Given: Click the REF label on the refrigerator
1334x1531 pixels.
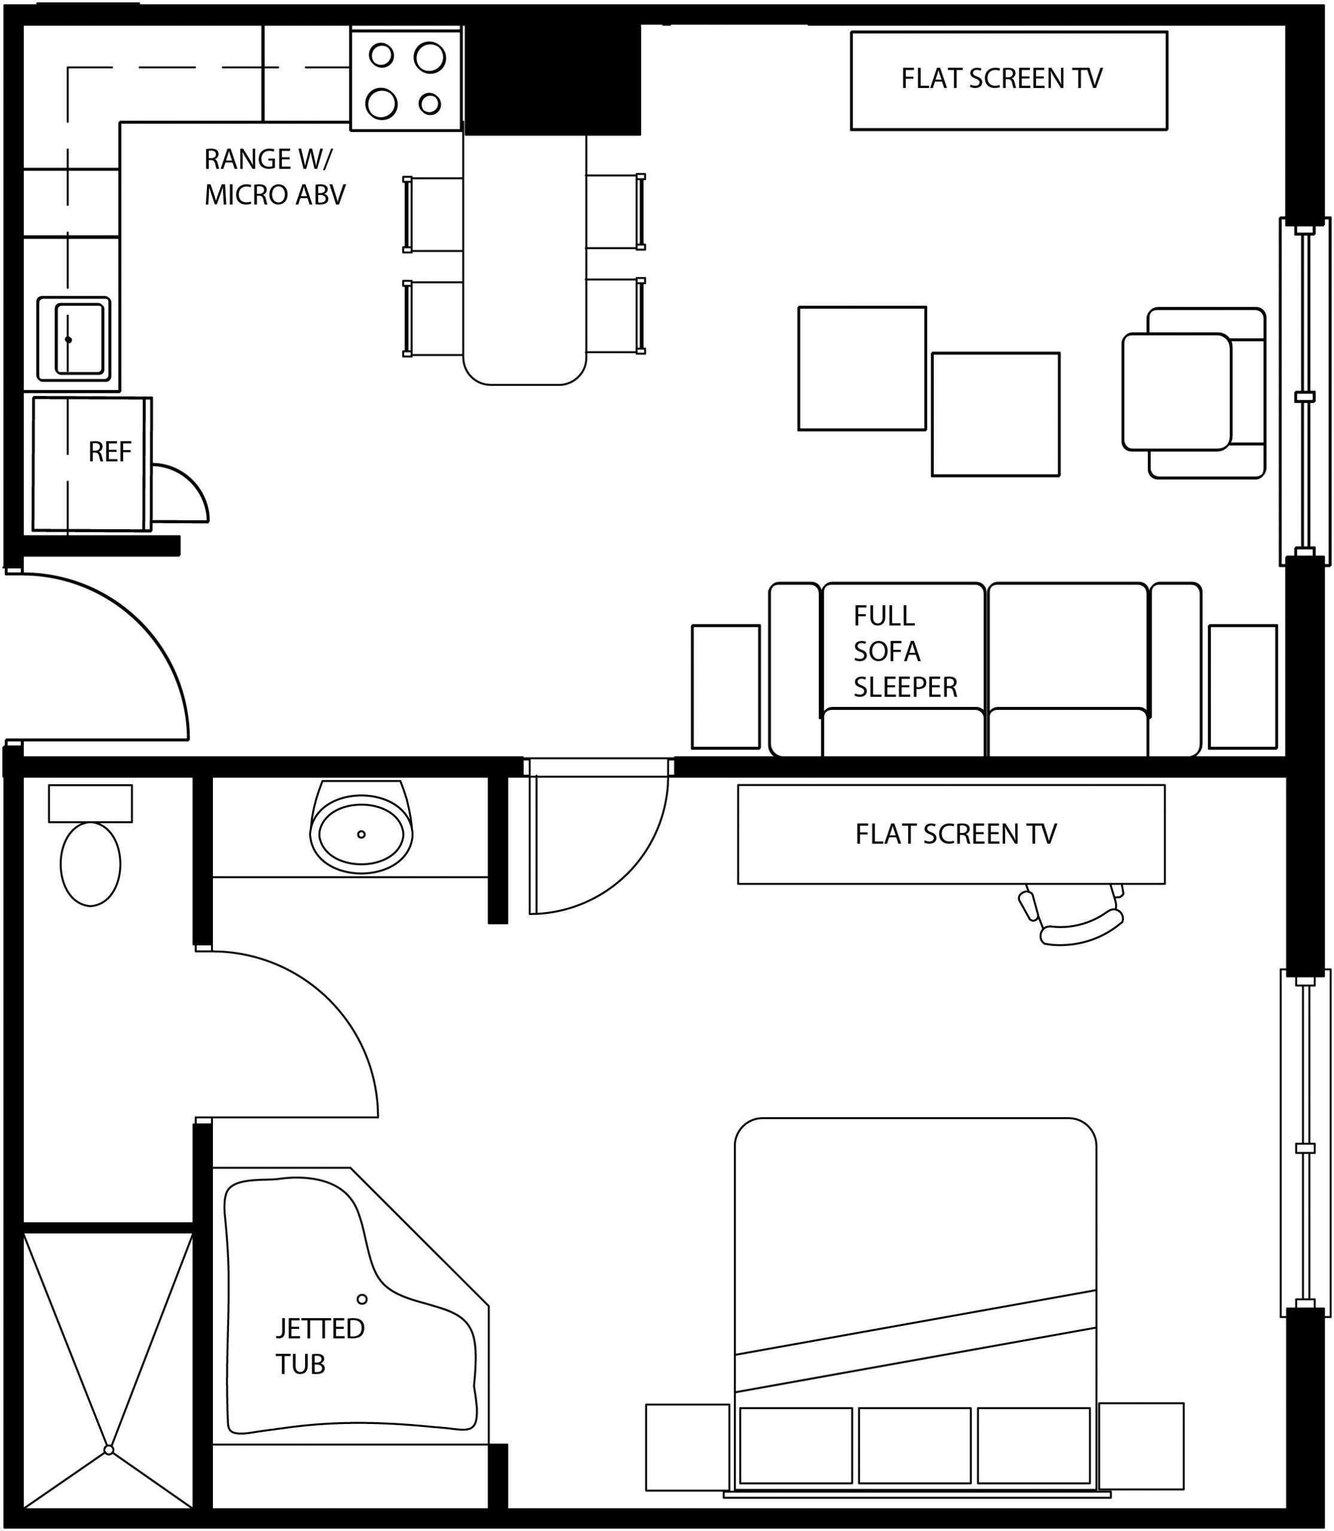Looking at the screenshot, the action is pyautogui.click(x=109, y=452).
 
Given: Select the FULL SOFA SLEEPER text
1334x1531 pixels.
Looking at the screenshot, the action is pyautogui.click(x=905, y=651).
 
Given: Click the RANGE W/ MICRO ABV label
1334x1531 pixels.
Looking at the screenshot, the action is pyautogui.click(x=275, y=176).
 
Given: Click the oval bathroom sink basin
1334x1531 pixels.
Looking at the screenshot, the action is pyautogui.click(x=362, y=834).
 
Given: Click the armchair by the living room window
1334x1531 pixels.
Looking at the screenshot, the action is pyautogui.click(x=1193, y=392).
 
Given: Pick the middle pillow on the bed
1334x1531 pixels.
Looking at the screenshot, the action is pyautogui.click(x=915, y=1445).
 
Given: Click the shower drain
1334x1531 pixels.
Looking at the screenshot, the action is pyautogui.click(x=109, y=1449).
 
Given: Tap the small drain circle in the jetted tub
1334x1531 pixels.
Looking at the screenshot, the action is pyautogui.click(x=362, y=1300).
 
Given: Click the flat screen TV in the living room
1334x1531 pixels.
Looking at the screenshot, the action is pyautogui.click(x=1009, y=80).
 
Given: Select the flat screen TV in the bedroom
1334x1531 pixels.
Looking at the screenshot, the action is pyautogui.click(x=951, y=834).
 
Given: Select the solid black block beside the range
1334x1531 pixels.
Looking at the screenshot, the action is pyautogui.click(x=552, y=79).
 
